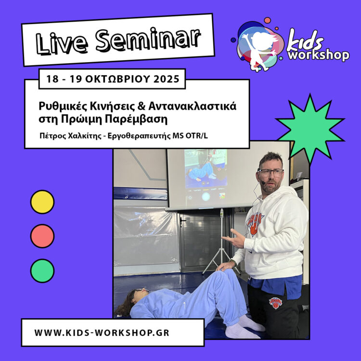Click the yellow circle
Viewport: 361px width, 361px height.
(x=42, y=202)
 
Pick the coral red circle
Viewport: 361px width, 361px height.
(x=42, y=236)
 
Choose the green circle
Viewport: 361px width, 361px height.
(x=42, y=271)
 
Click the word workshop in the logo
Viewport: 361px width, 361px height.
(x=319, y=55)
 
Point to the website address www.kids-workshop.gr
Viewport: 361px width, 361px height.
(x=102, y=333)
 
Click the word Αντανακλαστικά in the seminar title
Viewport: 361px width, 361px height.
(x=192, y=106)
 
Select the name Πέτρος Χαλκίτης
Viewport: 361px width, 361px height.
(x=70, y=136)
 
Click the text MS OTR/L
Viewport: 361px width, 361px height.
(x=190, y=136)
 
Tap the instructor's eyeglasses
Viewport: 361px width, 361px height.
(x=271, y=172)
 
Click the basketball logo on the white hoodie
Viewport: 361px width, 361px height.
(x=255, y=224)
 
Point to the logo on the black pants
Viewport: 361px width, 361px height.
(x=276, y=303)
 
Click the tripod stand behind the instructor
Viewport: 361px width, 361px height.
(x=221, y=242)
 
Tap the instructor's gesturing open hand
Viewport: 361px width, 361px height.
(x=233, y=239)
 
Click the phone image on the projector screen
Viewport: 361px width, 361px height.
(x=206, y=176)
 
